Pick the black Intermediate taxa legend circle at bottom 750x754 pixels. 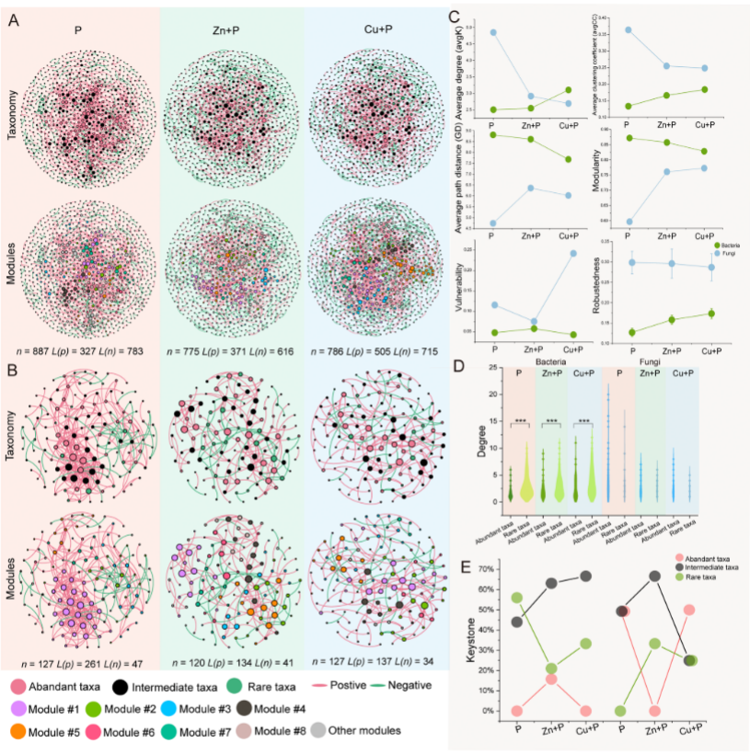point(123,685)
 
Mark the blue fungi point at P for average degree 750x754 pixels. point(494,32)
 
